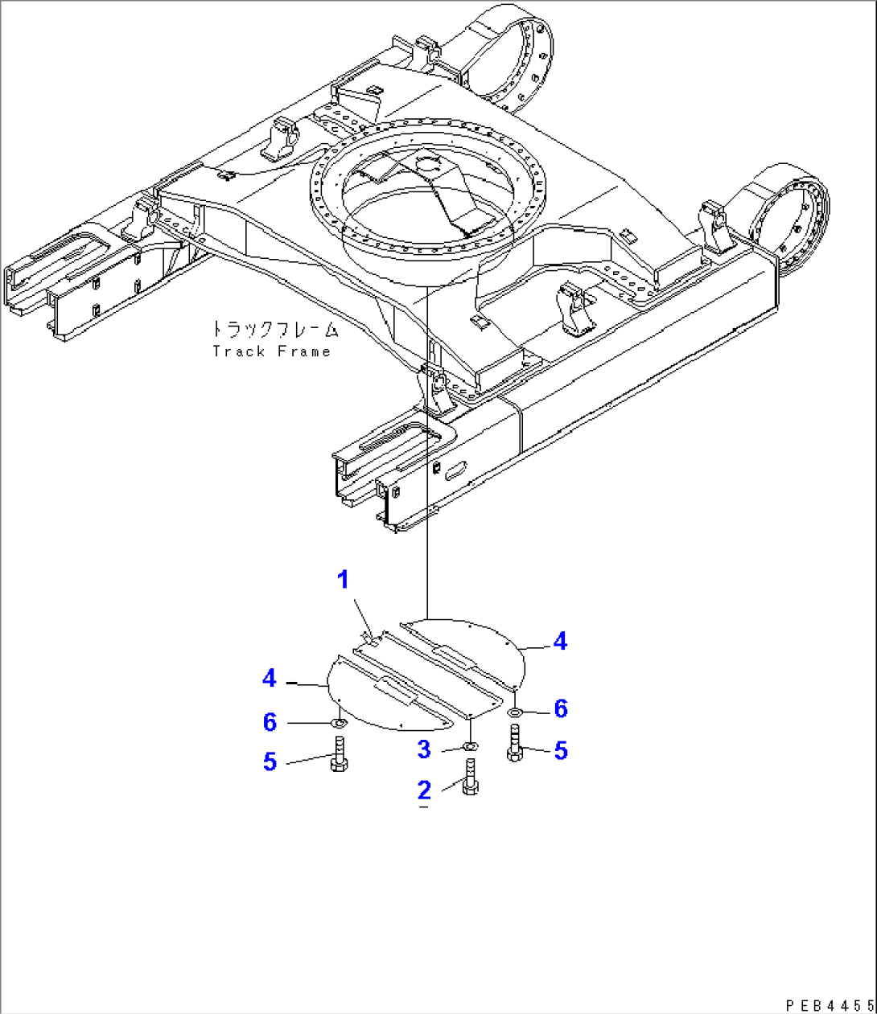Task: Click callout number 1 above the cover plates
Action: [x=344, y=580]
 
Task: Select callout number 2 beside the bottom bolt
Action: [x=424, y=790]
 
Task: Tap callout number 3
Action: [x=424, y=749]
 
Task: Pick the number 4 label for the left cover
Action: [x=270, y=679]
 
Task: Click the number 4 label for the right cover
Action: [x=560, y=641]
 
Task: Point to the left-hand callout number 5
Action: [x=270, y=761]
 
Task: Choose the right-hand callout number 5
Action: [x=561, y=750]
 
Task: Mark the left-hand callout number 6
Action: [x=270, y=722]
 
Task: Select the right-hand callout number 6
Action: [x=561, y=708]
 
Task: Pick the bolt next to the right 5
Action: [x=515, y=743]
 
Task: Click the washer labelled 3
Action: [x=470, y=748]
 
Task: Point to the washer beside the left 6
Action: [x=340, y=722]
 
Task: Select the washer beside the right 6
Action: [x=515, y=711]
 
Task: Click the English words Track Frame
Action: [x=272, y=351]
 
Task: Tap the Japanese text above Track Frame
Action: [x=274, y=330]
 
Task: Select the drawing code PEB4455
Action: [x=829, y=1004]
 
